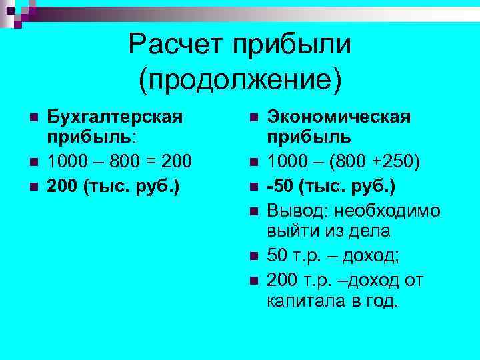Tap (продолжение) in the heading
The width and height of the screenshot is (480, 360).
point(239,79)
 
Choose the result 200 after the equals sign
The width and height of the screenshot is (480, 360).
point(177,163)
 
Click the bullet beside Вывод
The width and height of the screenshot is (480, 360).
point(254,211)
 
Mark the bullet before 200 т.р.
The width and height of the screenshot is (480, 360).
point(254,279)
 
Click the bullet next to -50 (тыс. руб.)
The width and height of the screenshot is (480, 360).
point(254,187)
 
